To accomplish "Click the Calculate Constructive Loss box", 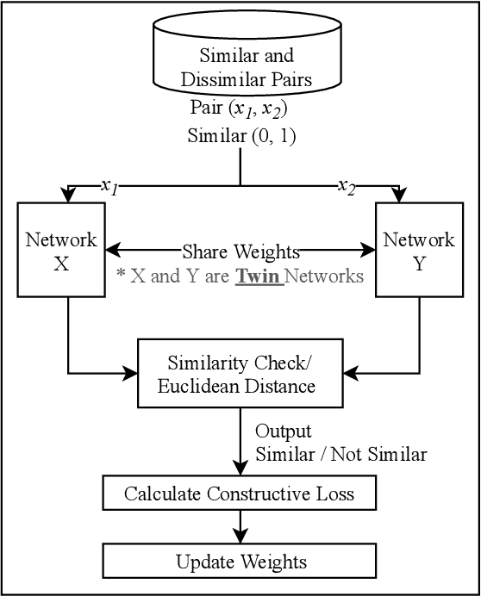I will (240, 494).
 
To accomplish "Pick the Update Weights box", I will (240, 562).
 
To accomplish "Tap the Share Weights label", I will (240, 251).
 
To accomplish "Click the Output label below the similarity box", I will (284, 431).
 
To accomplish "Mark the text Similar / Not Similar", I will (340, 454).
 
